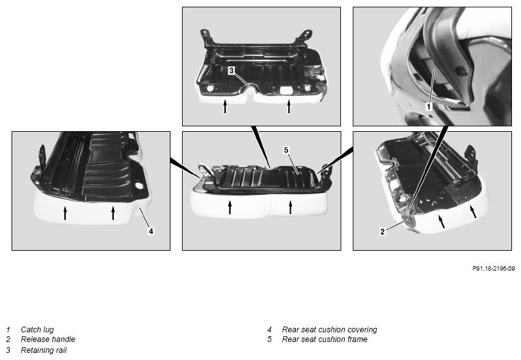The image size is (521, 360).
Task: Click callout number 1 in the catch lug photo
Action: (x=428, y=106)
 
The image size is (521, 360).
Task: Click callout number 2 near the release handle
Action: (x=383, y=231)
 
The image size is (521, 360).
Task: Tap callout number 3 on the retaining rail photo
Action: (x=232, y=71)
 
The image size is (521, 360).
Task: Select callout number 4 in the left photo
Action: (x=151, y=231)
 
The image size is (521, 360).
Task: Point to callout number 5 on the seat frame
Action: (x=286, y=150)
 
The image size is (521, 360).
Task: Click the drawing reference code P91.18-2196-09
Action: (x=493, y=268)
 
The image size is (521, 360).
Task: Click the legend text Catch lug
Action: (x=37, y=329)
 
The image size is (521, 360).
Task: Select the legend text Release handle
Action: (x=48, y=339)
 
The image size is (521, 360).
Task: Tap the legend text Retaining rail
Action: (x=44, y=350)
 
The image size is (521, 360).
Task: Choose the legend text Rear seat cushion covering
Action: (x=329, y=329)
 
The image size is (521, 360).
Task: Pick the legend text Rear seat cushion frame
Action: (x=325, y=339)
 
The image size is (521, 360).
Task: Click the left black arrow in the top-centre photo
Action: (x=225, y=107)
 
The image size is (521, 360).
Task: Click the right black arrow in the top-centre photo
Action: (x=289, y=107)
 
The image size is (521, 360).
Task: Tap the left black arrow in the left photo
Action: (x=65, y=213)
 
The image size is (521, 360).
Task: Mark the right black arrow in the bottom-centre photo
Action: (x=290, y=207)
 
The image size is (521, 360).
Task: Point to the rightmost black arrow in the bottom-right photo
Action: (x=473, y=212)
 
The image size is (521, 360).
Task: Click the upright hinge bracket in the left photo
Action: (x=42, y=157)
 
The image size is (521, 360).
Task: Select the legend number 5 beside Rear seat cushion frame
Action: (x=270, y=339)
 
